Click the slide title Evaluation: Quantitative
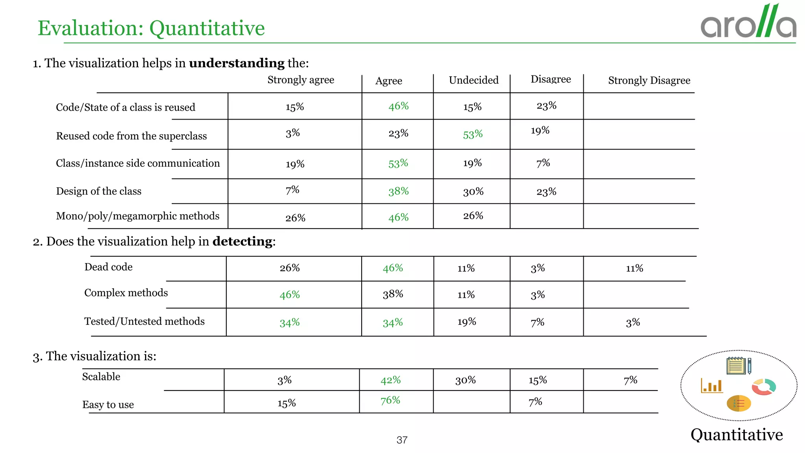tap(151, 28)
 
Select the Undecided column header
tap(473, 80)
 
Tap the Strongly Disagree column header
tap(649, 81)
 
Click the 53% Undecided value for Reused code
tap(472, 134)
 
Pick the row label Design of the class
tap(99, 191)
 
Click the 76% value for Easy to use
tap(390, 400)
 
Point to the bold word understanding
tap(237, 63)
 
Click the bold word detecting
tap(243, 241)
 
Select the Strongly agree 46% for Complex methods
tap(290, 295)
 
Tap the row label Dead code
tap(108, 267)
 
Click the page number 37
tap(402, 440)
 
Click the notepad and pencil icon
tap(739, 366)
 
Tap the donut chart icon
tap(764, 387)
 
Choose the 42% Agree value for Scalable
tap(390, 380)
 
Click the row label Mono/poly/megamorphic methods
tap(138, 216)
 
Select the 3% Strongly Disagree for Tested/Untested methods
tap(633, 323)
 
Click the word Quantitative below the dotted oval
tap(737, 435)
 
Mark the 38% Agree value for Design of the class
tap(399, 192)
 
